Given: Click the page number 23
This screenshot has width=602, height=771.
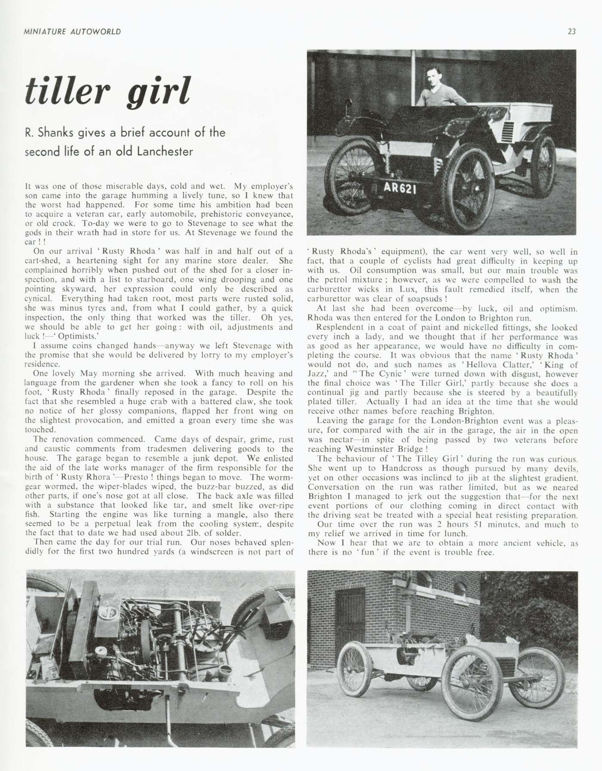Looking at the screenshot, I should coord(571,31).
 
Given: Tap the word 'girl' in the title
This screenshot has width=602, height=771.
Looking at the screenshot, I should coord(158,92).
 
